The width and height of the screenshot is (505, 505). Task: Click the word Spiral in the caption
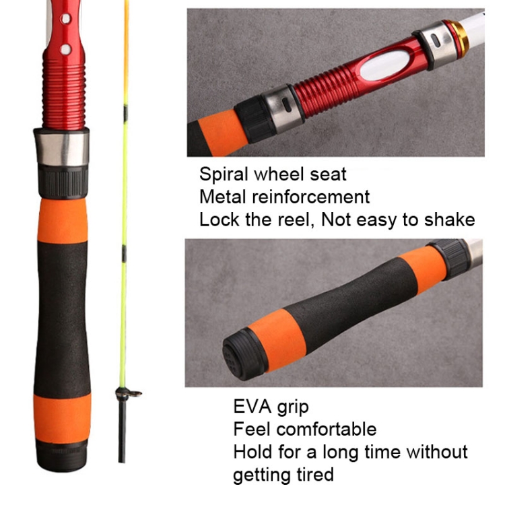[x=224, y=174]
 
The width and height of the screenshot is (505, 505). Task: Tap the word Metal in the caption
[x=223, y=197]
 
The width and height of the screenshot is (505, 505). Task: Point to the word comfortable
[x=327, y=429]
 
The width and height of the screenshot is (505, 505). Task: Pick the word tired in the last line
[x=315, y=475]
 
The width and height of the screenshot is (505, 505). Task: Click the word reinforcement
[x=311, y=197]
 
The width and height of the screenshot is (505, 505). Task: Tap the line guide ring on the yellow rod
[x=128, y=393]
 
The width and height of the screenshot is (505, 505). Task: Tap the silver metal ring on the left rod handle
[x=61, y=147]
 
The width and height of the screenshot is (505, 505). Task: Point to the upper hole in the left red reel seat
[x=66, y=18]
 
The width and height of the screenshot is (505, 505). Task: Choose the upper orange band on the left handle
[x=63, y=221]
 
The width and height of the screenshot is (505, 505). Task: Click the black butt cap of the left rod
[x=61, y=456]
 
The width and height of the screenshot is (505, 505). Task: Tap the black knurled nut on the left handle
[x=63, y=182]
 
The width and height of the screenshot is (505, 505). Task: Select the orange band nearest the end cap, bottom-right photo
[x=277, y=340]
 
